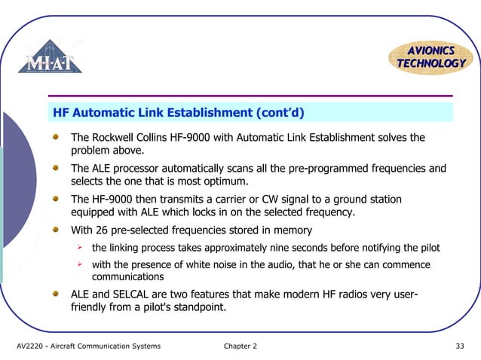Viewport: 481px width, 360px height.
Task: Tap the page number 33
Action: point(460,346)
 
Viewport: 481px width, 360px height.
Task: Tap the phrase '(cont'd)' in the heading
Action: point(280,114)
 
